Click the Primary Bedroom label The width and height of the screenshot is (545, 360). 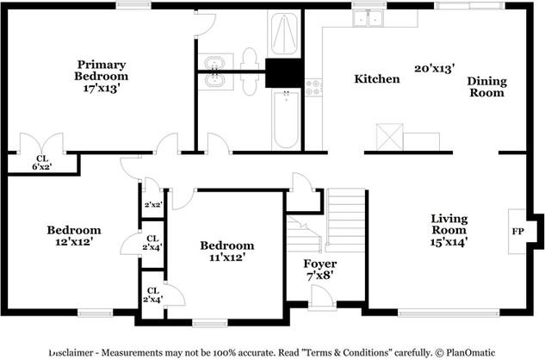point(101,70)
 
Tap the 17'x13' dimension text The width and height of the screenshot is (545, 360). point(101,87)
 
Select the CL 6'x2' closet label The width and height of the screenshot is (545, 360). point(41,163)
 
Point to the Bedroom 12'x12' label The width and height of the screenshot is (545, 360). point(73,236)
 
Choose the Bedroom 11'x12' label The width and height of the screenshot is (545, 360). point(228,251)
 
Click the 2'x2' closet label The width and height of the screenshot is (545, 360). point(152,205)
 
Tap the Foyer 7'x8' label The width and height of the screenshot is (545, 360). point(319,269)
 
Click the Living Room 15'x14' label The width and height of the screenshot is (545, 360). point(449,231)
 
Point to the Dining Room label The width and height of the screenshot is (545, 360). point(486,87)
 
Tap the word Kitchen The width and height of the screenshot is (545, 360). point(377,79)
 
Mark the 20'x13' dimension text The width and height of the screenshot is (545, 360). point(434,67)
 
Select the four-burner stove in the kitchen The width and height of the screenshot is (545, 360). point(313,87)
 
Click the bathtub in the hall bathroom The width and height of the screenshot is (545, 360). point(285,120)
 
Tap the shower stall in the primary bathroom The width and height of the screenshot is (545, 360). point(283,34)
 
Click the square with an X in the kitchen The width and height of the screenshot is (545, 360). point(389,137)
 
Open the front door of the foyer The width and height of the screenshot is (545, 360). point(322,297)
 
